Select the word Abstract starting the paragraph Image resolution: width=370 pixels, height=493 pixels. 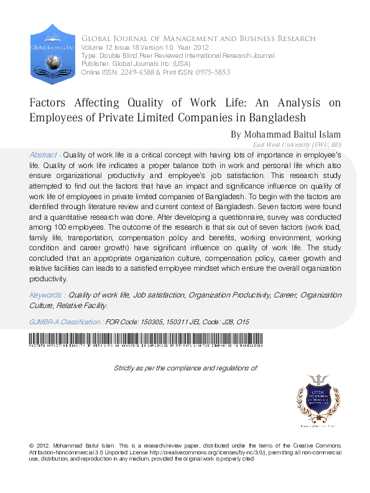44,154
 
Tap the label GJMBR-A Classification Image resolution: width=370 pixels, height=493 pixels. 66,322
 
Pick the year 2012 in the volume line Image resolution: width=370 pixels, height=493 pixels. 201,47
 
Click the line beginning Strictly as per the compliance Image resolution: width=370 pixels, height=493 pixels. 186,368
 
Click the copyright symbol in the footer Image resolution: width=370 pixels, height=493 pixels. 32,446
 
